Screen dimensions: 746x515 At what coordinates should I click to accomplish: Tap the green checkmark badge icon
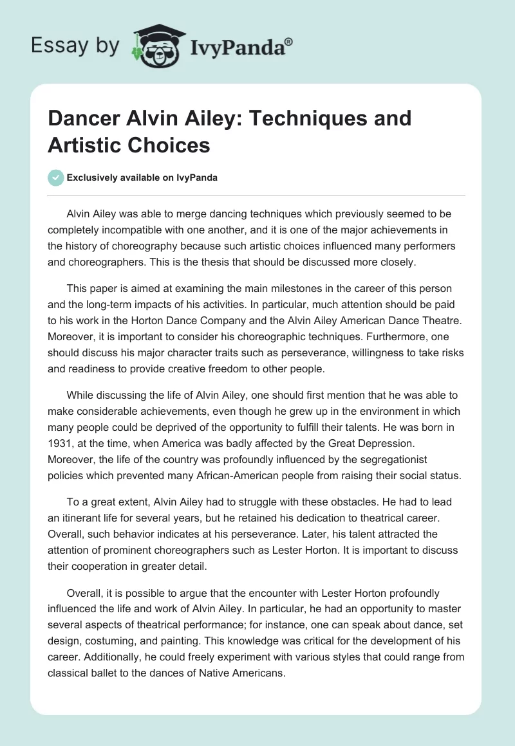(x=56, y=177)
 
